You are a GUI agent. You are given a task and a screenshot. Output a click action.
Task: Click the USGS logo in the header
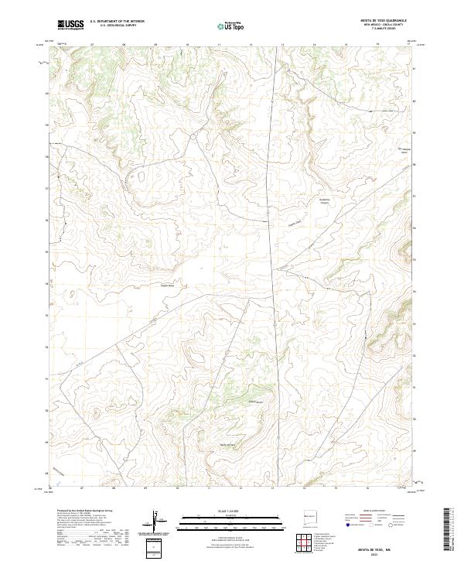pos(70,25)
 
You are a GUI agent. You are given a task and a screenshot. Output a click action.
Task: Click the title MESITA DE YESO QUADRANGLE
pos(384,20)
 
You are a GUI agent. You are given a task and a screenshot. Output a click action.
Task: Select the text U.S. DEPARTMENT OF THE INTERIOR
pos(117,22)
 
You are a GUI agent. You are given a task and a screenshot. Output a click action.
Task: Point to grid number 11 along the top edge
pos(219,45)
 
